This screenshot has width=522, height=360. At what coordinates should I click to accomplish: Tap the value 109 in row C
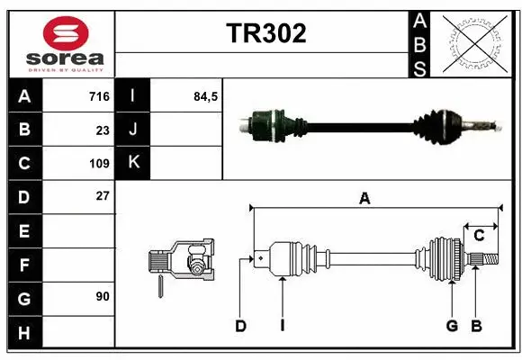point(99,164)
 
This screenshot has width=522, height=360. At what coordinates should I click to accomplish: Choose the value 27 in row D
point(103,195)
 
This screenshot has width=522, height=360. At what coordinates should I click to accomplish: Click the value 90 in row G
point(103,296)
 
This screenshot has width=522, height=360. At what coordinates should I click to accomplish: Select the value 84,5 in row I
point(206,96)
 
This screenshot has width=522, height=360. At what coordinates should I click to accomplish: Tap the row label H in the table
point(23,333)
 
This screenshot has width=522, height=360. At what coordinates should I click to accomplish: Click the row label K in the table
point(133,163)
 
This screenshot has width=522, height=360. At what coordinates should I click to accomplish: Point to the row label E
point(23,230)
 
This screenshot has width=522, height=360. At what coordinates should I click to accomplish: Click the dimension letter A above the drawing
point(364,199)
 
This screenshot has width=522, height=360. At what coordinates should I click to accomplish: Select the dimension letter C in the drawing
point(479,236)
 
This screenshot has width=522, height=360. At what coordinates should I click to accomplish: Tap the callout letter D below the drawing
point(240,326)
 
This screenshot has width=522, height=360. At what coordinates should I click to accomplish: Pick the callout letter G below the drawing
point(452,326)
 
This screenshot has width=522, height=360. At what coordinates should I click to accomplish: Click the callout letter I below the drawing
point(282,326)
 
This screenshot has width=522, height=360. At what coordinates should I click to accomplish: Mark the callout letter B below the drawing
point(477,326)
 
